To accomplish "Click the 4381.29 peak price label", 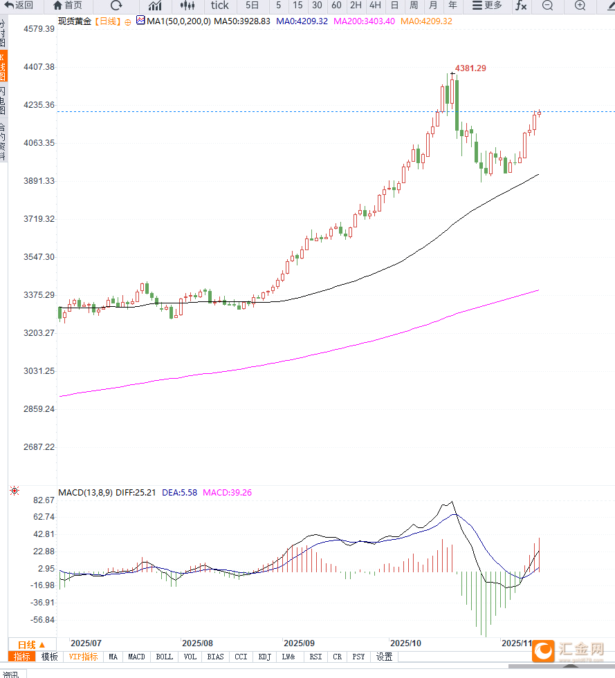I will tap(470, 68).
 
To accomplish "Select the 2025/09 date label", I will tap(300, 643).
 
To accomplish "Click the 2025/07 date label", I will tap(86, 643).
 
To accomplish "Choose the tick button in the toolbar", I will tap(219, 6).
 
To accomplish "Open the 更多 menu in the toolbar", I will tap(487, 6).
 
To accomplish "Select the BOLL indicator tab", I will tap(164, 657).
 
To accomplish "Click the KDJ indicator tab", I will tap(264, 657).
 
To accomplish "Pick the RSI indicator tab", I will tap(315, 657).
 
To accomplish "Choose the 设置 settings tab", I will tap(384, 657).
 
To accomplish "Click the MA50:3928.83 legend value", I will tap(241, 21).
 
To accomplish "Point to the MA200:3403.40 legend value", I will tap(365, 21).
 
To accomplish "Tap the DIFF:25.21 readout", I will tap(136, 493).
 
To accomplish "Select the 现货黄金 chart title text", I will tap(75, 21).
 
